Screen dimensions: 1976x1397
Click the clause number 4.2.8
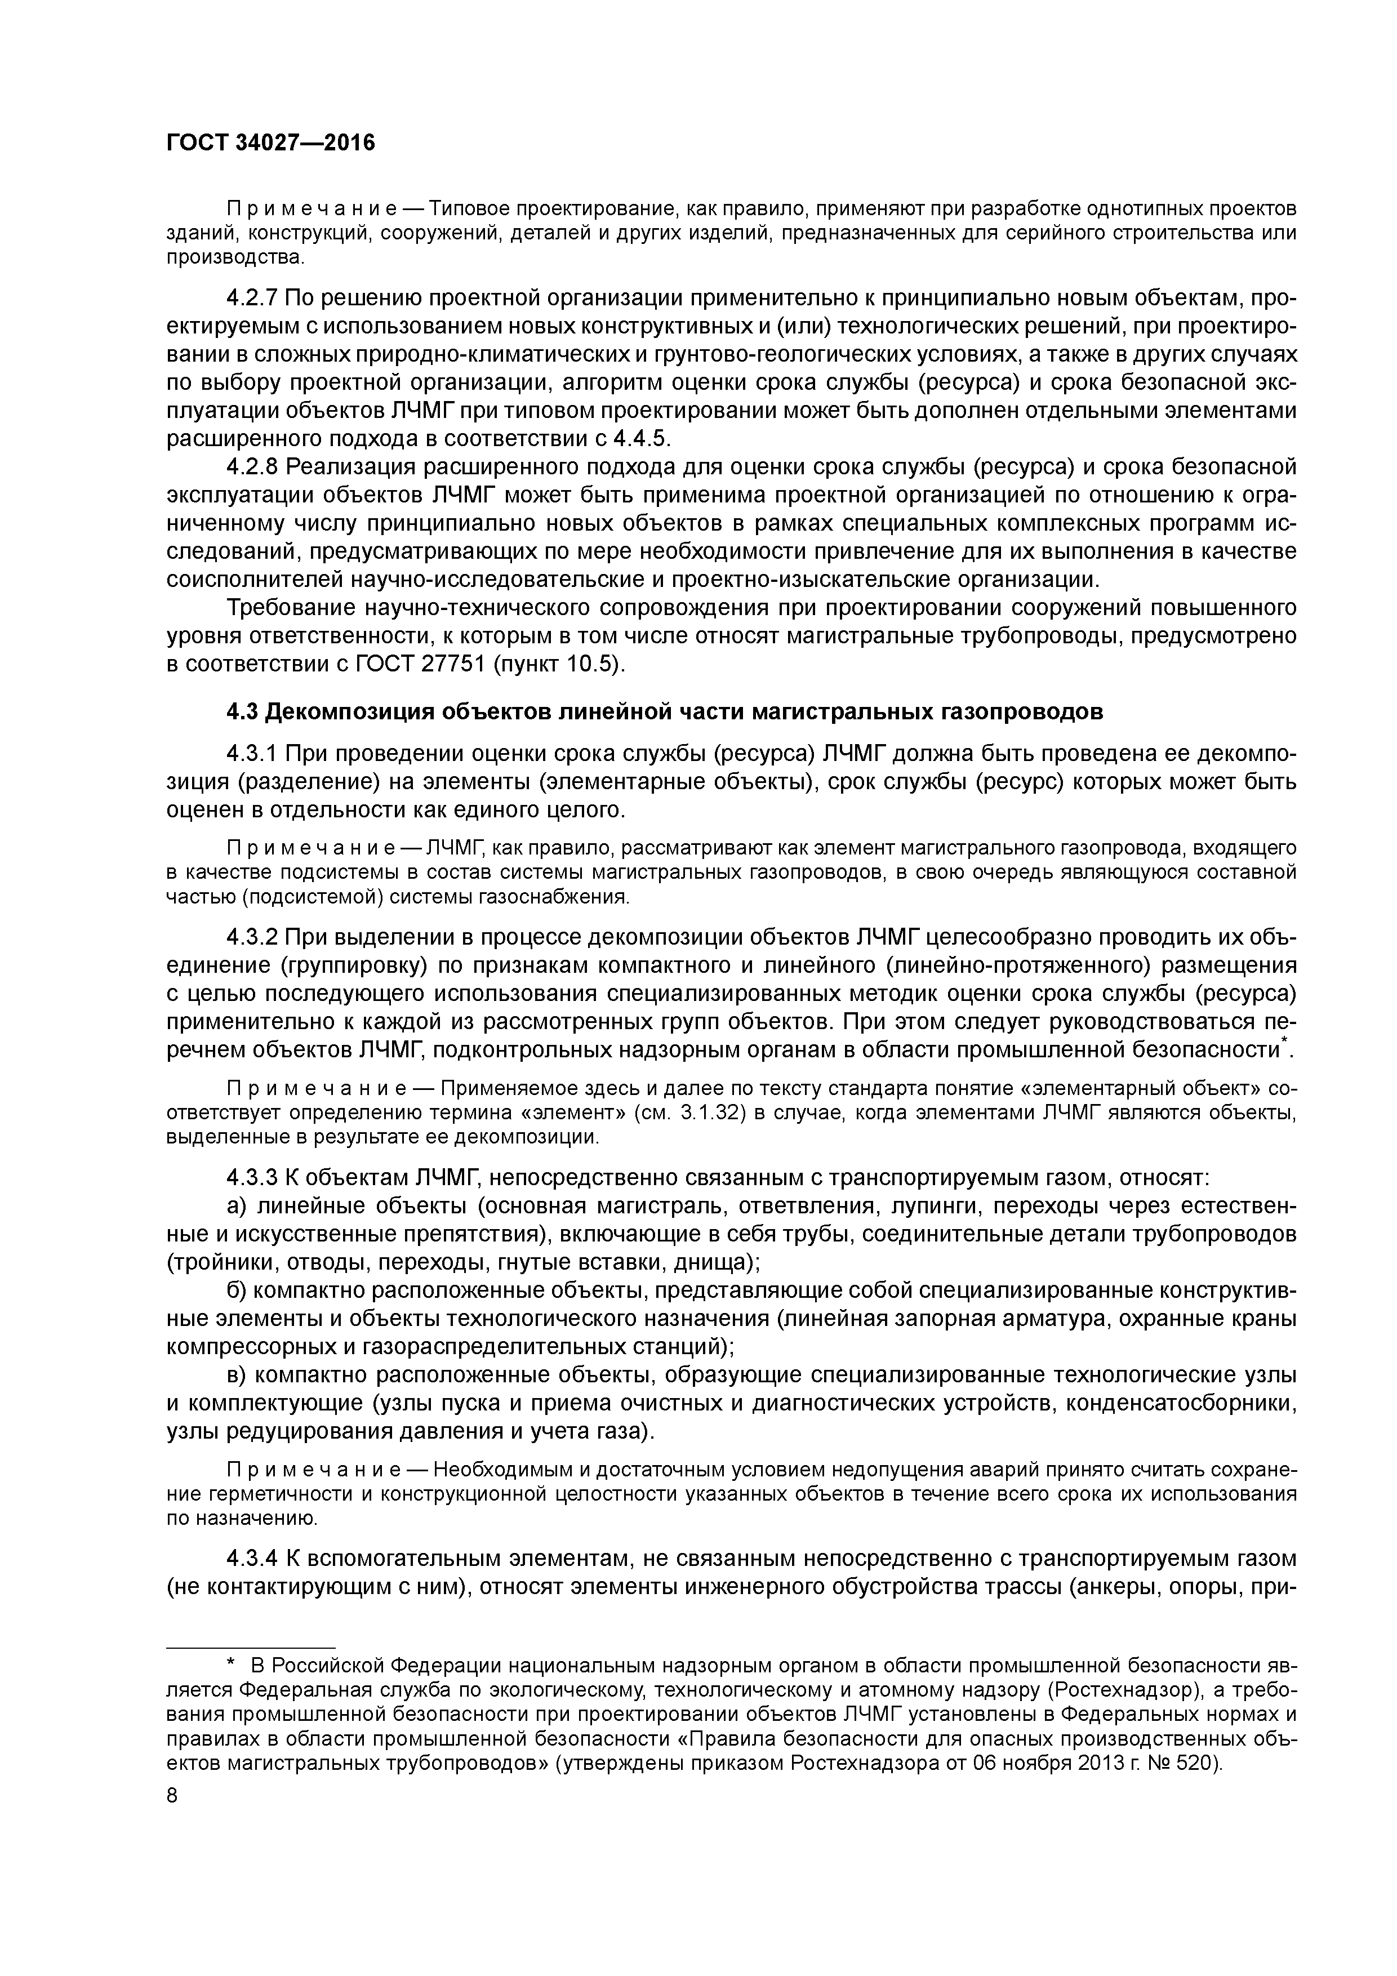coord(252,468)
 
